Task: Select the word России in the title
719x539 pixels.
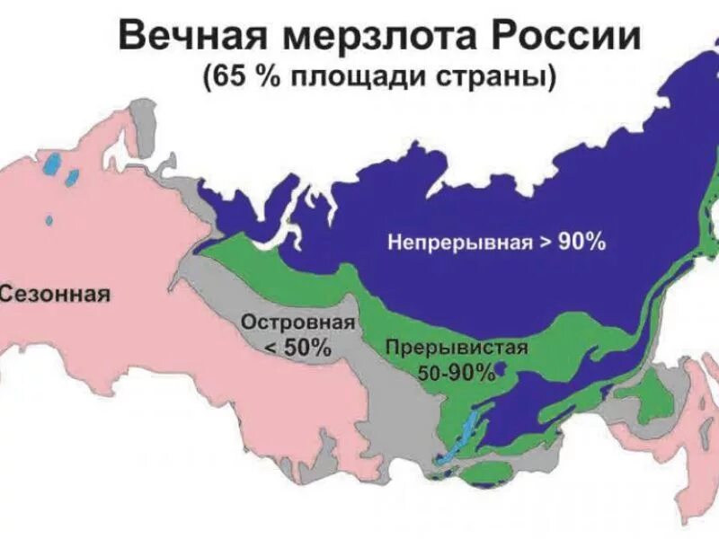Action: [x=565, y=38]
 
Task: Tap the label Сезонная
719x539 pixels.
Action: [x=56, y=294]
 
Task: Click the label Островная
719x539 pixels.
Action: [x=297, y=322]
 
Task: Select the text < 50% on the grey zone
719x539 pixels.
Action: [x=297, y=348]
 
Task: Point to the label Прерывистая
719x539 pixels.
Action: [x=456, y=349]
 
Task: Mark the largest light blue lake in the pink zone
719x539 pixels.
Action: [x=56, y=165]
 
